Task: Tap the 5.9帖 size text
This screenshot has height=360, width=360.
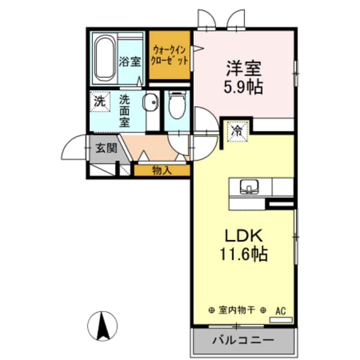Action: click(243, 86)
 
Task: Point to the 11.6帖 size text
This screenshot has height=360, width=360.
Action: click(243, 254)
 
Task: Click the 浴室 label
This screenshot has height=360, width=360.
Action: click(130, 61)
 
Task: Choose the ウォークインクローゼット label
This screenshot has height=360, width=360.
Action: click(170, 55)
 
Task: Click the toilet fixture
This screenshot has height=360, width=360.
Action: click(176, 106)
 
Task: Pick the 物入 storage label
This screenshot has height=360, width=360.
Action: click(161, 170)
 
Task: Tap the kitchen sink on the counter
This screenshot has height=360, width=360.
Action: click(248, 187)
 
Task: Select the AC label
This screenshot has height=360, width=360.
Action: click(280, 310)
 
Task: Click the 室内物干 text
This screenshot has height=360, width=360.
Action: click(237, 310)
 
